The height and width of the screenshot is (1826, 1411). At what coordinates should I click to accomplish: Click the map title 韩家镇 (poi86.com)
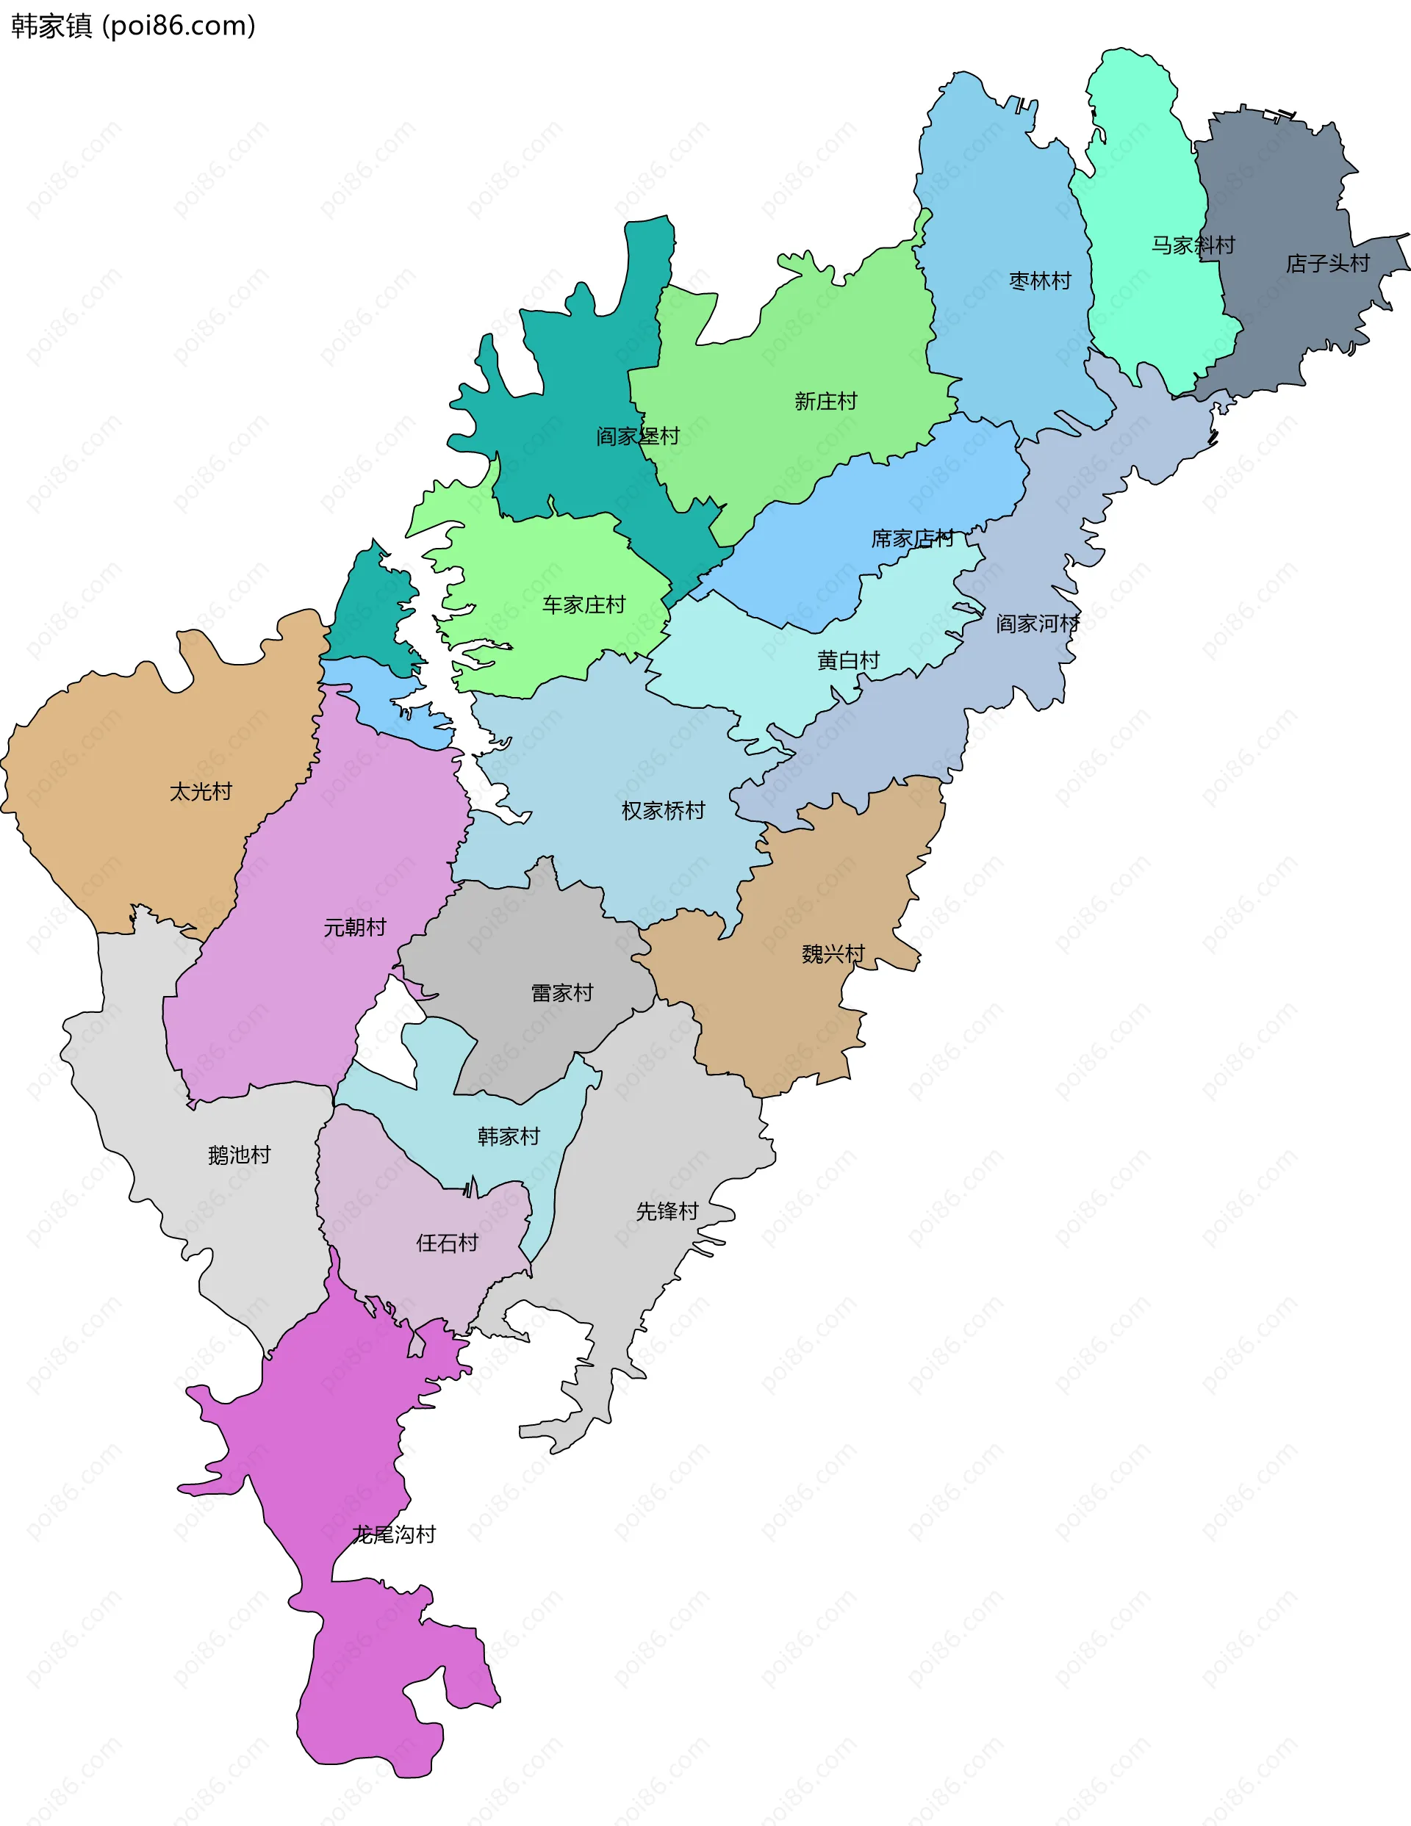(133, 26)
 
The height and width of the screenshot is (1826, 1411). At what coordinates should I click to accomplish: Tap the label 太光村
(201, 791)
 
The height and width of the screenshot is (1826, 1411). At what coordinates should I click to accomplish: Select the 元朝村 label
(355, 926)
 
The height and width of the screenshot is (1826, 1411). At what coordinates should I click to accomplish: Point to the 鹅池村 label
(240, 1155)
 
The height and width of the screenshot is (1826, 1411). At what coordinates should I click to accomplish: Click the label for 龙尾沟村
(393, 1534)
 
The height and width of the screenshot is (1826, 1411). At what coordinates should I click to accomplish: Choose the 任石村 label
(447, 1242)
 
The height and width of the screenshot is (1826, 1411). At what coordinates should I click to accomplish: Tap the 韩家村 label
(509, 1136)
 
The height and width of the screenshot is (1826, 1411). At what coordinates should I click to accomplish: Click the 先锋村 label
(667, 1210)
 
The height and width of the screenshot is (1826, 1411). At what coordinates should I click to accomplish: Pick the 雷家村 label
(562, 992)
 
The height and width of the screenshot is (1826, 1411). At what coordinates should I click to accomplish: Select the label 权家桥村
(664, 809)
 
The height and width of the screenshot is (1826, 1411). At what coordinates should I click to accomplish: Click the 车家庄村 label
(584, 604)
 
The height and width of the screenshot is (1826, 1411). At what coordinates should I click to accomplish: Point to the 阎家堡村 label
(637, 436)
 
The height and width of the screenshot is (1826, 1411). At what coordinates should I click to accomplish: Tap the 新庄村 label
(825, 400)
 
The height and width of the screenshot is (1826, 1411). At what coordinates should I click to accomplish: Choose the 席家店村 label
(913, 538)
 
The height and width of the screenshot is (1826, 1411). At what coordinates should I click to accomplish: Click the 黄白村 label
(848, 660)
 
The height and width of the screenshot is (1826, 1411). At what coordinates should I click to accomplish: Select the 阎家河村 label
(1037, 623)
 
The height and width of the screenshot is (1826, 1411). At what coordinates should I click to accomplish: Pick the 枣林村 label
(1040, 280)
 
